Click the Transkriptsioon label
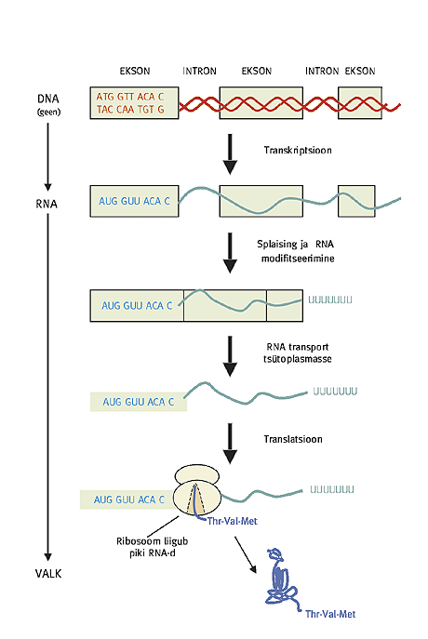(298, 151)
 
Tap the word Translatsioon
(293, 439)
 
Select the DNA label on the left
(48, 99)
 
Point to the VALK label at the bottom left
(48, 573)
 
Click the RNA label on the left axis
(47, 204)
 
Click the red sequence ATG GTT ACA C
(130, 97)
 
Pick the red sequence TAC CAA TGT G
(130, 109)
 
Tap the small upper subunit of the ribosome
(197, 475)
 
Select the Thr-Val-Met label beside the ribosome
(233, 521)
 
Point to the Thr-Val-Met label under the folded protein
(330, 614)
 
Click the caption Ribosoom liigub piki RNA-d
(152, 547)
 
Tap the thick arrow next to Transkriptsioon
(230, 154)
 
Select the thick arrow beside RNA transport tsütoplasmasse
(230, 356)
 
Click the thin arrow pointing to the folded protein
(246, 555)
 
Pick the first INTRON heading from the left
(199, 71)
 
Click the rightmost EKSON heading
(360, 71)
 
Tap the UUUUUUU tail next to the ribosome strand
(332, 488)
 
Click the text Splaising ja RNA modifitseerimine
(296, 251)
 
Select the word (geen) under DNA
(49, 112)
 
